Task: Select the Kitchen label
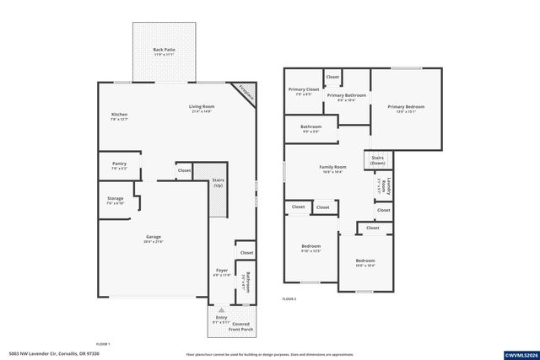(119, 116)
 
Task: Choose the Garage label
(153, 239)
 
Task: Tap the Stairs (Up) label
(217, 182)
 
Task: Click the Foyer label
(221, 272)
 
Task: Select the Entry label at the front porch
(221, 318)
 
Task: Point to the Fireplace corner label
(245, 91)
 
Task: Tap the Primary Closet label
(304, 91)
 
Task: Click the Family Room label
(332, 169)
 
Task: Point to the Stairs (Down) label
(377, 160)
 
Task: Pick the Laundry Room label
(384, 184)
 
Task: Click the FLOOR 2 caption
(289, 299)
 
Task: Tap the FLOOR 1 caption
(103, 344)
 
